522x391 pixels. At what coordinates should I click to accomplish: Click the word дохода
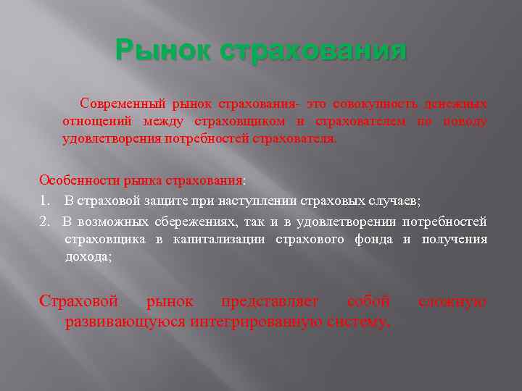86,256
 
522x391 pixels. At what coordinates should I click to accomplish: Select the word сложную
452,300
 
